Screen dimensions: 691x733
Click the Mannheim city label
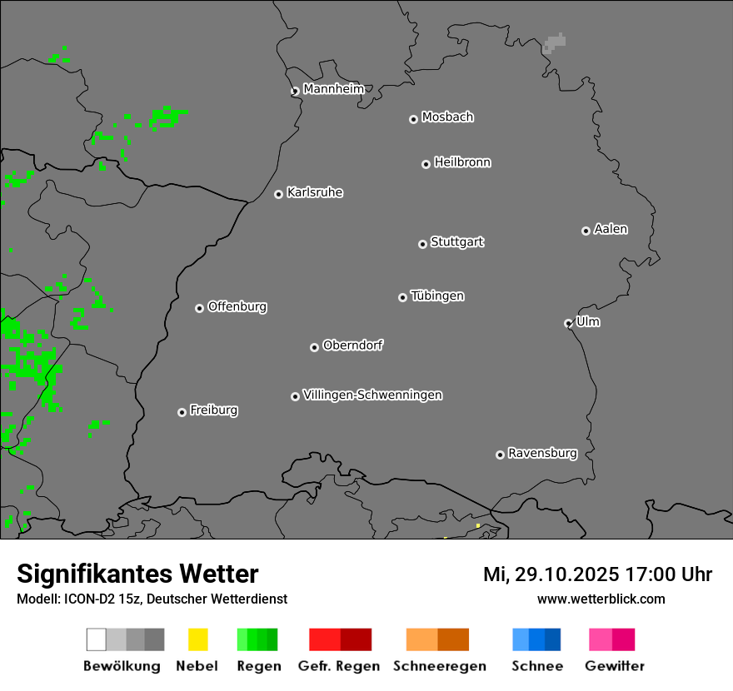[333, 89]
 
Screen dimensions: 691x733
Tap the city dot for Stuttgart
[422, 244]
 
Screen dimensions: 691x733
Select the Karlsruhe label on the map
[315, 192]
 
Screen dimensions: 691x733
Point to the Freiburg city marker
[182, 412]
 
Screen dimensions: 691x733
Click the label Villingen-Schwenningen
[372, 395]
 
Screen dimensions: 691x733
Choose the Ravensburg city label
[542, 453]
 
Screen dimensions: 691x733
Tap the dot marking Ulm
[568, 323]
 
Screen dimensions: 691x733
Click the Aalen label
[611, 229]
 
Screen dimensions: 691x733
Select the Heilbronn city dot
[426, 164]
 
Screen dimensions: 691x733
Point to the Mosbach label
[447, 117]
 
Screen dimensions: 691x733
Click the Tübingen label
[437, 296]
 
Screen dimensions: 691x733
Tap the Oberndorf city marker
[314, 347]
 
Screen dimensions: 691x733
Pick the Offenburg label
[237, 306]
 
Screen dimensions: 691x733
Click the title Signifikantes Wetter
[137, 574]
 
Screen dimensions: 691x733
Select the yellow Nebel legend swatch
[197, 639]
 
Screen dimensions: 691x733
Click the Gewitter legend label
[615, 666]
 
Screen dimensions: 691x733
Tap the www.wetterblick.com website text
[601, 599]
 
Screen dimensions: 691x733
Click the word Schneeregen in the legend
[440, 666]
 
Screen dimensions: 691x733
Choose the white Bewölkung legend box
[97, 639]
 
